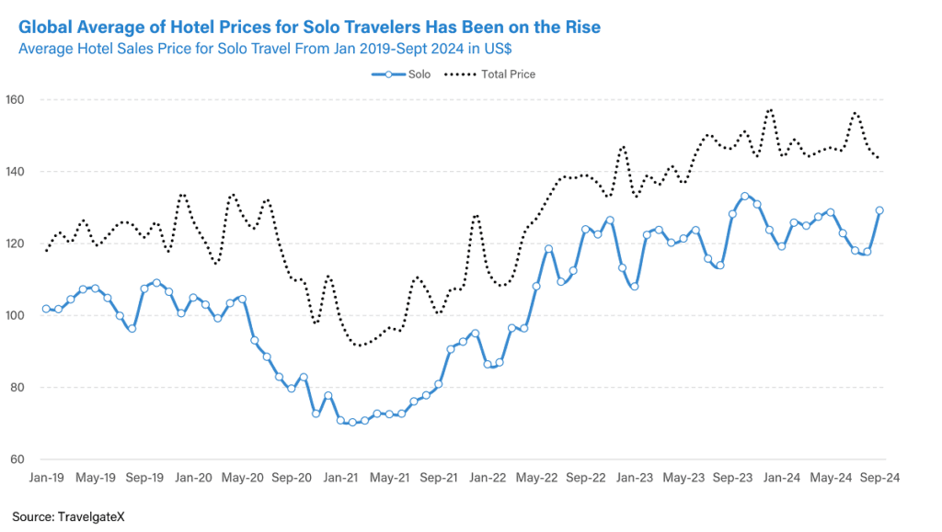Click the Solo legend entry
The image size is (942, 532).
401,74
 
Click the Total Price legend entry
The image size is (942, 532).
489,74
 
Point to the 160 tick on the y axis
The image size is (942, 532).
15,99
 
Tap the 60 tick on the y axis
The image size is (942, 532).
17,459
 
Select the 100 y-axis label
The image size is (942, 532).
15,315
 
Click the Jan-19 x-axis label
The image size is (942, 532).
46,478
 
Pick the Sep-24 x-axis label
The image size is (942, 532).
879,478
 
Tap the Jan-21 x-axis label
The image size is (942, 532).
340,478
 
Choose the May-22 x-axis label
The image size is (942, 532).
536,478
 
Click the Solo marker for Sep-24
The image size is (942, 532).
879,210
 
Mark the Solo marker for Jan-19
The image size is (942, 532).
46,309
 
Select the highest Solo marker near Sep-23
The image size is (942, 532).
745,196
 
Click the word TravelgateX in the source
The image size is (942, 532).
91,517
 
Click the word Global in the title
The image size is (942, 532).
45,27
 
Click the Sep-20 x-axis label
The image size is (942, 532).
292,478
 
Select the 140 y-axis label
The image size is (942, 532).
15,172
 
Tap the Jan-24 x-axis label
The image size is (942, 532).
782,478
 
